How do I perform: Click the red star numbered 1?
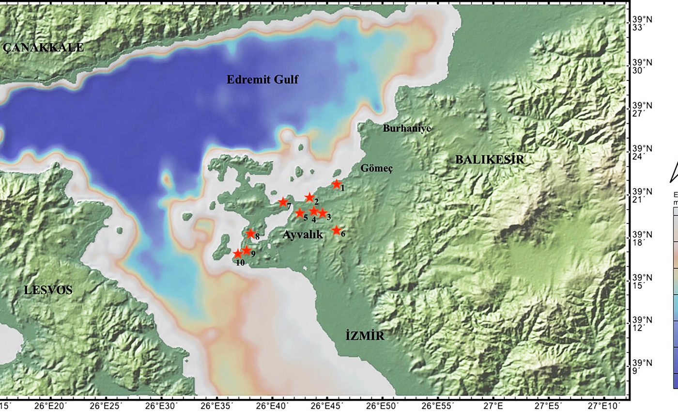click(x=337, y=184)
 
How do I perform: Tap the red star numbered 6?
click(x=336, y=230)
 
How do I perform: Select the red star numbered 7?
click(x=283, y=202)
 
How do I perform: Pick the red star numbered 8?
click(x=250, y=234)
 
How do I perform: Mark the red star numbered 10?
click(x=237, y=254)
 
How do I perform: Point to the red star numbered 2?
click(x=309, y=197)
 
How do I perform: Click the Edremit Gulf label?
click(x=262, y=79)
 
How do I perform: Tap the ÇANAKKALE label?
click(x=43, y=48)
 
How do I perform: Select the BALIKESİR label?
click(x=490, y=159)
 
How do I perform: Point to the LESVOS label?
click(x=48, y=290)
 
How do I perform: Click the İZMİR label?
click(x=365, y=335)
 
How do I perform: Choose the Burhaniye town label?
click(x=407, y=128)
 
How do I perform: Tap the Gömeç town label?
click(x=376, y=168)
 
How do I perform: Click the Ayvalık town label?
click(x=302, y=235)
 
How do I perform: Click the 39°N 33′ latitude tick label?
click(x=642, y=24)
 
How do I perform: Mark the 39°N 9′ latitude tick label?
click(x=642, y=367)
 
